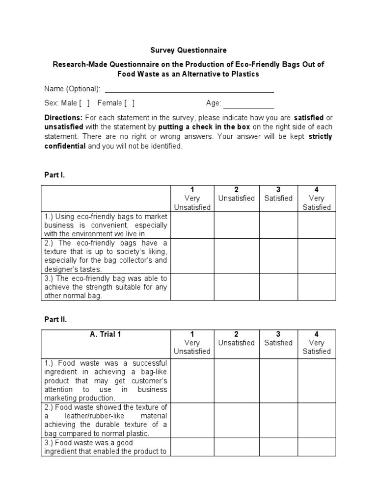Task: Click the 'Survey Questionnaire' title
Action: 188,50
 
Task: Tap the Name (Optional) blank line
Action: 189,89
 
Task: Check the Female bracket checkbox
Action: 130,103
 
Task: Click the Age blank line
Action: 248,104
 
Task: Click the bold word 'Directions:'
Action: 63,118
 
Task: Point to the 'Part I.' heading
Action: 54,175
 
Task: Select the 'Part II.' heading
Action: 55,319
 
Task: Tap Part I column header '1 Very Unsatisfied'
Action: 192,199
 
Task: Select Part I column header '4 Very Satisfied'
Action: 317,199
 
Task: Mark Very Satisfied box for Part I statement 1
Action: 317,226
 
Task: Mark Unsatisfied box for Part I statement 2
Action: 236,256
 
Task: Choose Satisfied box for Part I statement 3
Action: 278,287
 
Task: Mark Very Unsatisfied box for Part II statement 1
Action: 192,381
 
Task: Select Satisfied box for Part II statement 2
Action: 278,421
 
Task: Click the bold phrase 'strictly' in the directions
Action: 321,137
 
